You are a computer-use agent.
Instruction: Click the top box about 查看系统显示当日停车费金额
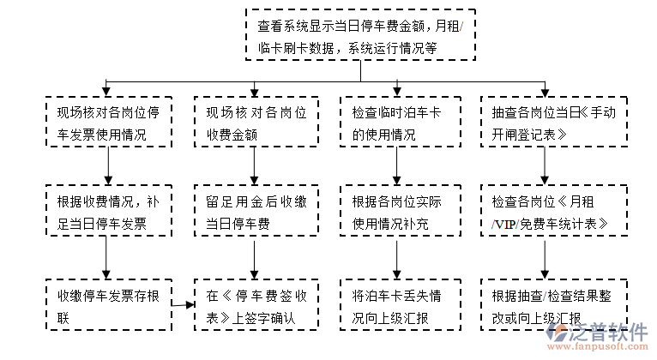[x=359, y=35]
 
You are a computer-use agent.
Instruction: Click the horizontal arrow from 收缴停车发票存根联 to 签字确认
[x=182, y=304]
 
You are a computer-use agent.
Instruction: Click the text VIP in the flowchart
[x=506, y=225]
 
